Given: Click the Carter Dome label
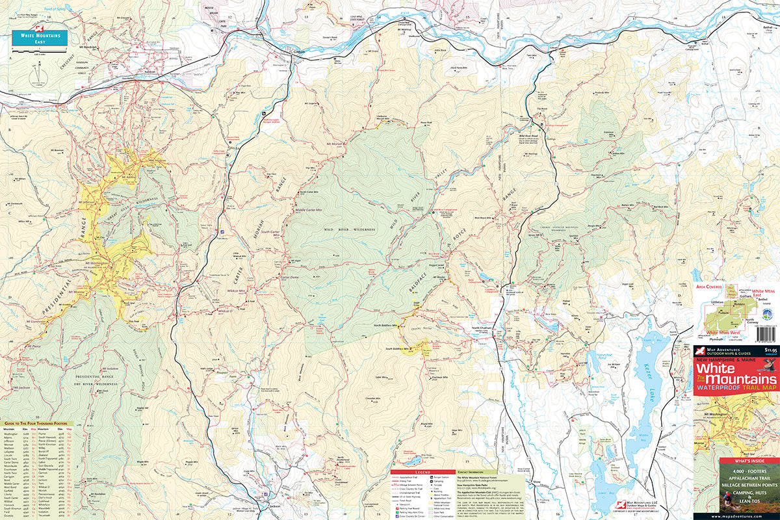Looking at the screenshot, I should click(x=288, y=278).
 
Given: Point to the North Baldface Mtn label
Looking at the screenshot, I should click(x=385, y=325).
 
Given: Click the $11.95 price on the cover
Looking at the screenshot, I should click(x=770, y=350).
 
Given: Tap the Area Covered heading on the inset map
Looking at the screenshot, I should click(x=710, y=285).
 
